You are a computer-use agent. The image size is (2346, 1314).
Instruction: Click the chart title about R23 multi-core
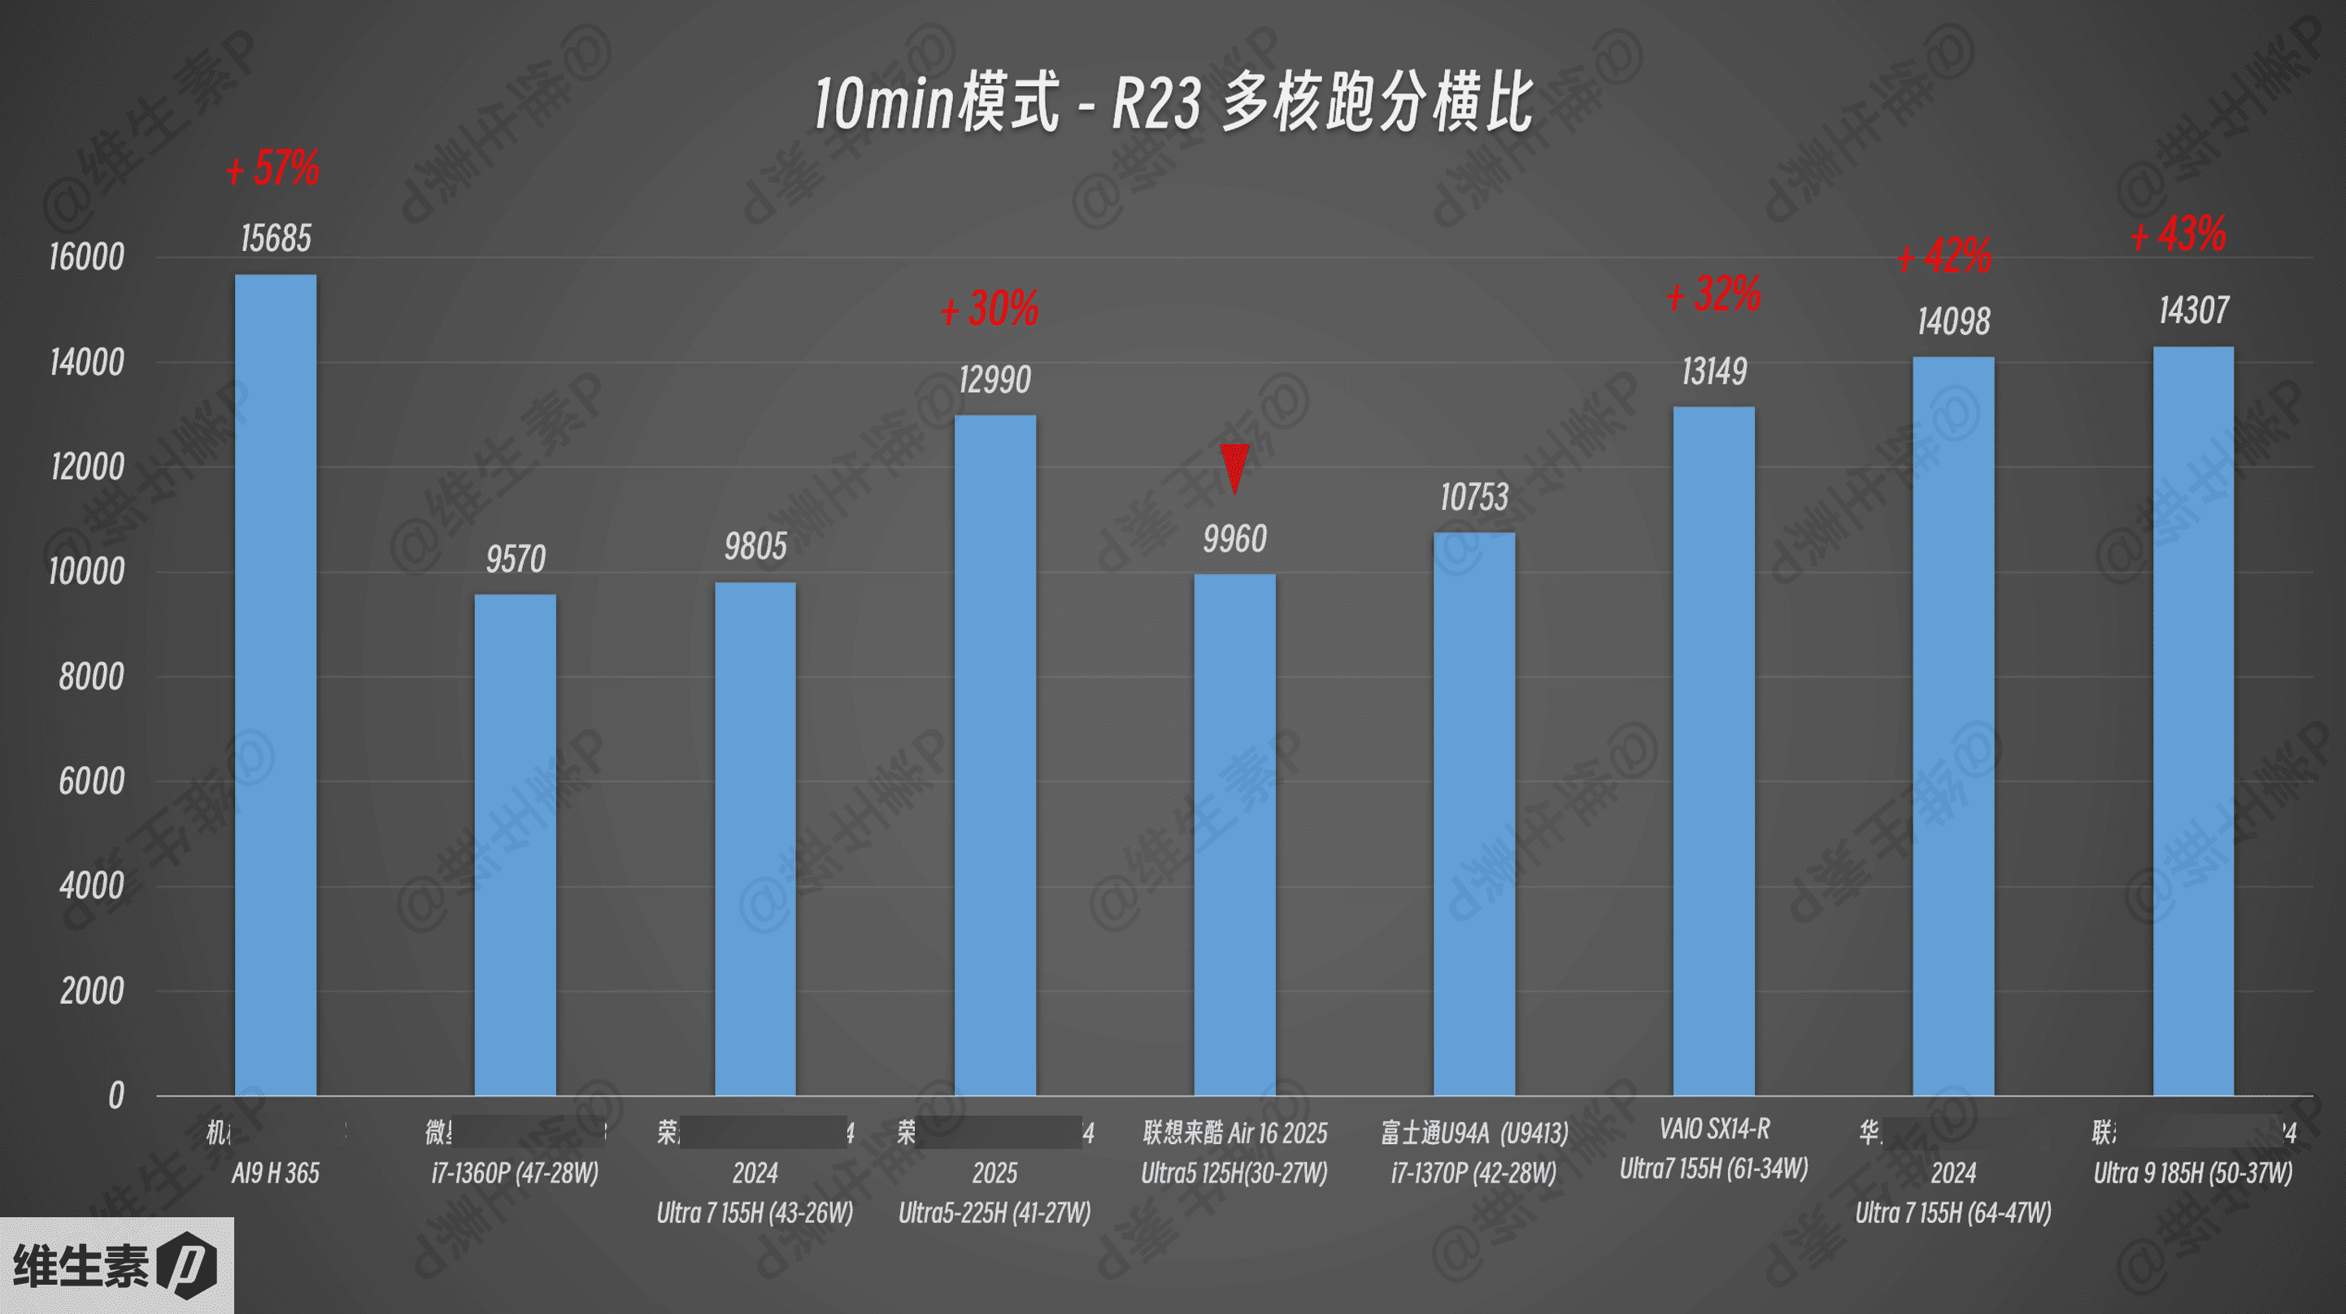[x=1173, y=102]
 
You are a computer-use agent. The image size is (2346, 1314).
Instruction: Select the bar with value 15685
[x=275, y=683]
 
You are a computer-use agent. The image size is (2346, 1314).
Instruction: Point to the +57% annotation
[x=273, y=168]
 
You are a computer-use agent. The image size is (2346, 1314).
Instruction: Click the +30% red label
[x=990, y=309]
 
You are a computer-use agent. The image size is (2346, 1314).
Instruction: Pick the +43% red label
[x=2178, y=235]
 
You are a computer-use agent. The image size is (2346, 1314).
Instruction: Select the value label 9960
[x=1234, y=539]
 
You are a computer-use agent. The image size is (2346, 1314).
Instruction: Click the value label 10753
[x=1473, y=497]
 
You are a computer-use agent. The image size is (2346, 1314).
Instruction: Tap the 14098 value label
[x=1952, y=321]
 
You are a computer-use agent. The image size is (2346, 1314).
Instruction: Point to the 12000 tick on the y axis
[x=86, y=468]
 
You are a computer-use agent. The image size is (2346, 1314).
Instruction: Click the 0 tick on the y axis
[x=115, y=1095]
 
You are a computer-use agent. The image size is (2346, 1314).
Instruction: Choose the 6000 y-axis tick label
[x=91, y=781]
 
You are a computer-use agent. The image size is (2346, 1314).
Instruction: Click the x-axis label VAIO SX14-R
[x=1714, y=1129]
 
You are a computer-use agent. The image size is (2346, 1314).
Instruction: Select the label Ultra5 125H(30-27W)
[x=1234, y=1173]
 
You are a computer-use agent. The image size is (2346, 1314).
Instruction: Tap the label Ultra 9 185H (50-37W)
[x=2192, y=1173]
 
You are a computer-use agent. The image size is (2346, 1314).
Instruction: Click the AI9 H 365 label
[x=275, y=1173]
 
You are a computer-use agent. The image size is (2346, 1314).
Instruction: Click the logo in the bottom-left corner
[x=115, y=1266]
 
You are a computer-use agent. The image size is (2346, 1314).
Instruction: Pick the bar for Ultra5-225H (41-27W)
[x=995, y=756]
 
